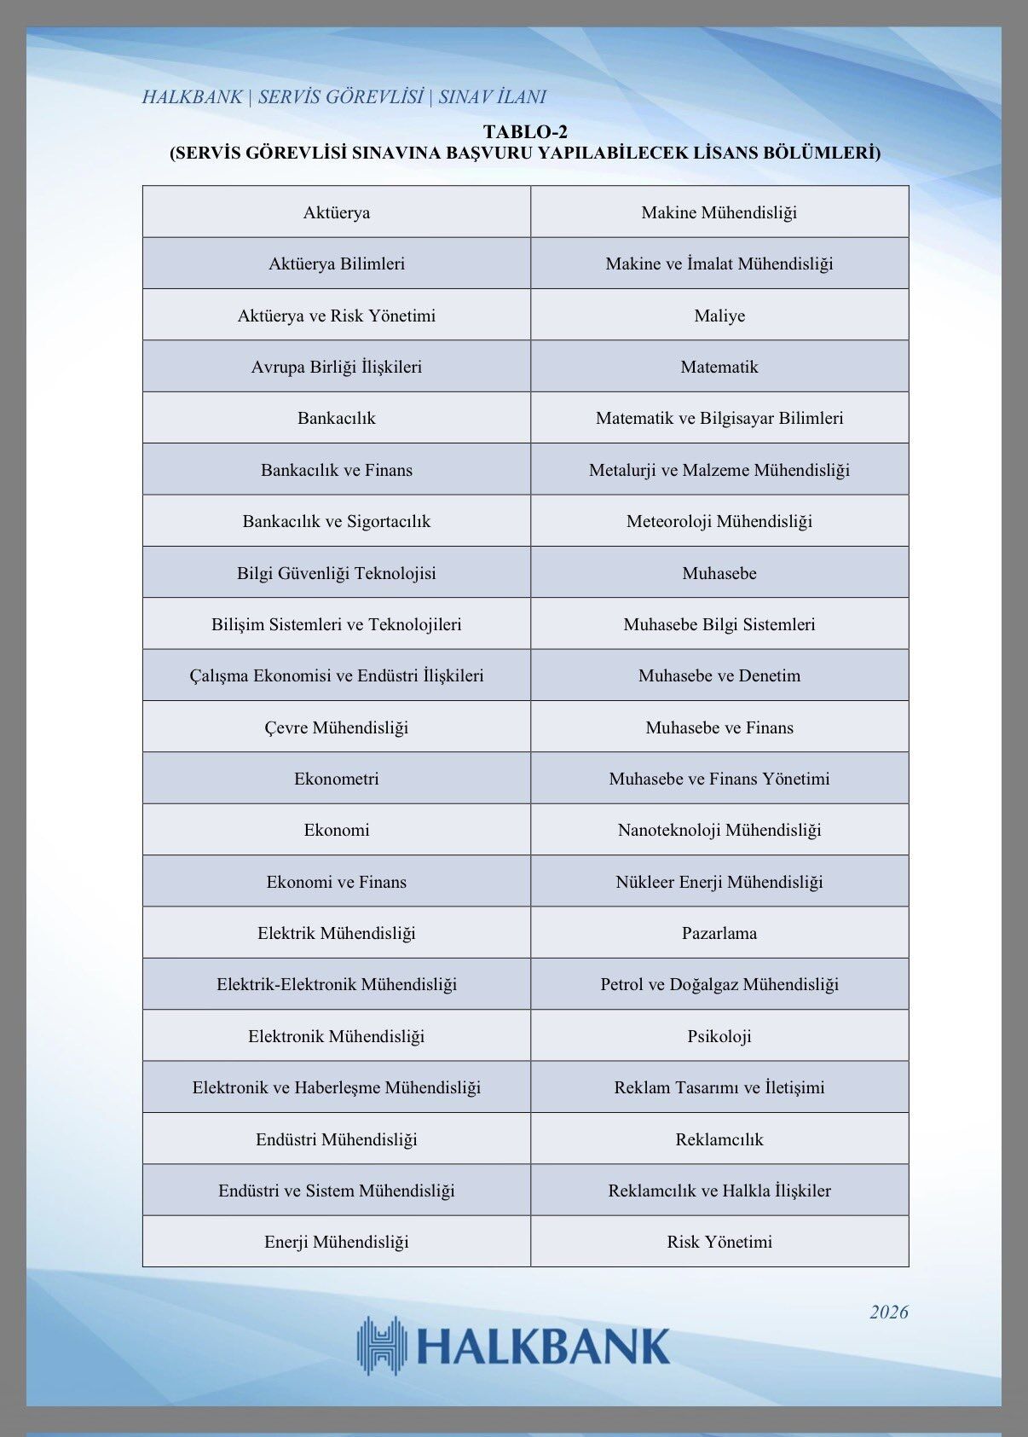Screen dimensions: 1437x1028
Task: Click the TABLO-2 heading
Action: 525,131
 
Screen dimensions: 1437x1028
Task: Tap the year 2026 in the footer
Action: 888,1312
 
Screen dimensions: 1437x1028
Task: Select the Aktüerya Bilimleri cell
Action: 337,264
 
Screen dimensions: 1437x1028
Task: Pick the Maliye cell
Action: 719,316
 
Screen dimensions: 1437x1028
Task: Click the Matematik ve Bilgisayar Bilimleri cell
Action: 719,418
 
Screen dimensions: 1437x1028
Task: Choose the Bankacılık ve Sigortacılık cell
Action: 337,521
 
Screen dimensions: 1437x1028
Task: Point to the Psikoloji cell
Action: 719,1036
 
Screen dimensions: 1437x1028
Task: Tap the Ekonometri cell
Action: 337,779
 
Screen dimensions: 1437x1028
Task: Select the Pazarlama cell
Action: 719,933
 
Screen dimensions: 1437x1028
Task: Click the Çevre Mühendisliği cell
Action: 337,727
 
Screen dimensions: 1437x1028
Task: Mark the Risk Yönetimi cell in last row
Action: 719,1242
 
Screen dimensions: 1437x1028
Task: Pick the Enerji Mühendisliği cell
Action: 337,1242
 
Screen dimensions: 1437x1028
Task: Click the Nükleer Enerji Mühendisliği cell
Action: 719,882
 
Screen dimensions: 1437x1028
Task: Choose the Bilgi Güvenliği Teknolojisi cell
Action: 337,573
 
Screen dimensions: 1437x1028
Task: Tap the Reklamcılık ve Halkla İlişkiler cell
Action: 719,1191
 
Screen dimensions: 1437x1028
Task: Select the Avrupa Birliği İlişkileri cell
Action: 337,367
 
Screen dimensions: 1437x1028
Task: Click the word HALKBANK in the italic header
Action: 192,97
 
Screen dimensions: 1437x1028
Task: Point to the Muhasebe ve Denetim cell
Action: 719,675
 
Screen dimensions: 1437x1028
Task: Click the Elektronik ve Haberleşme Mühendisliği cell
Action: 337,1087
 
